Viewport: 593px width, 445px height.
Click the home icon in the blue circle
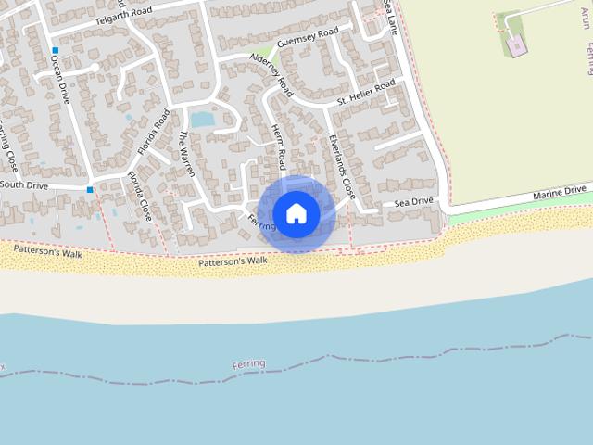click(x=296, y=213)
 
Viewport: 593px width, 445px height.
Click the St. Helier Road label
click(x=366, y=89)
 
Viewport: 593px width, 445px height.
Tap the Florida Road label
click(x=154, y=132)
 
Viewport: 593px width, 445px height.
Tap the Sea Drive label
click(x=413, y=201)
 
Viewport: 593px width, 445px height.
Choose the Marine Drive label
click(x=561, y=192)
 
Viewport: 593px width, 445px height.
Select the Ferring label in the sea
click(x=250, y=363)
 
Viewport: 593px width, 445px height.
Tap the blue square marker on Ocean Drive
click(x=56, y=50)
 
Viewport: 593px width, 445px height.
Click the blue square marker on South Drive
click(x=90, y=190)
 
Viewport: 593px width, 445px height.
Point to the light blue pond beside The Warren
click(x=201, y=120)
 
